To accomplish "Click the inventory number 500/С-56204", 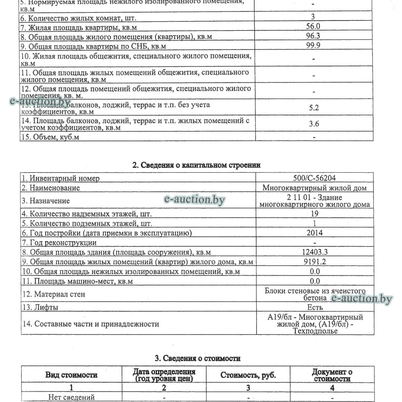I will coord(314,178).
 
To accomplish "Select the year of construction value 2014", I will coord(314,233).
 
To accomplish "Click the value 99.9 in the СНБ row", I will coord(313,45).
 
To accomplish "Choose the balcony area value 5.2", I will coord(314,108).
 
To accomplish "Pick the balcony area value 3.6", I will coord(314,124).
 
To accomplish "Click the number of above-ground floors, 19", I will coord(315,214).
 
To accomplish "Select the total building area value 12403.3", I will coord(315,252).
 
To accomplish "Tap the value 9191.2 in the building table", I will coord(315,262).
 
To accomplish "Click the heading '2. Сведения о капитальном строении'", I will coord(197,165).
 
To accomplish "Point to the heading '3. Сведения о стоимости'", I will coord(198,358).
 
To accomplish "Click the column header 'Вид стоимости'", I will coord(71,375).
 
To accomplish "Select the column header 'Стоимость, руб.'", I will coord(248,375).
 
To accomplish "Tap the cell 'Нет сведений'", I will coord(71,398).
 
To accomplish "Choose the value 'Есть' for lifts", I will coord(315,307).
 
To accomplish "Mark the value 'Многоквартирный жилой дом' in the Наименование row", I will coord(315,188).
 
